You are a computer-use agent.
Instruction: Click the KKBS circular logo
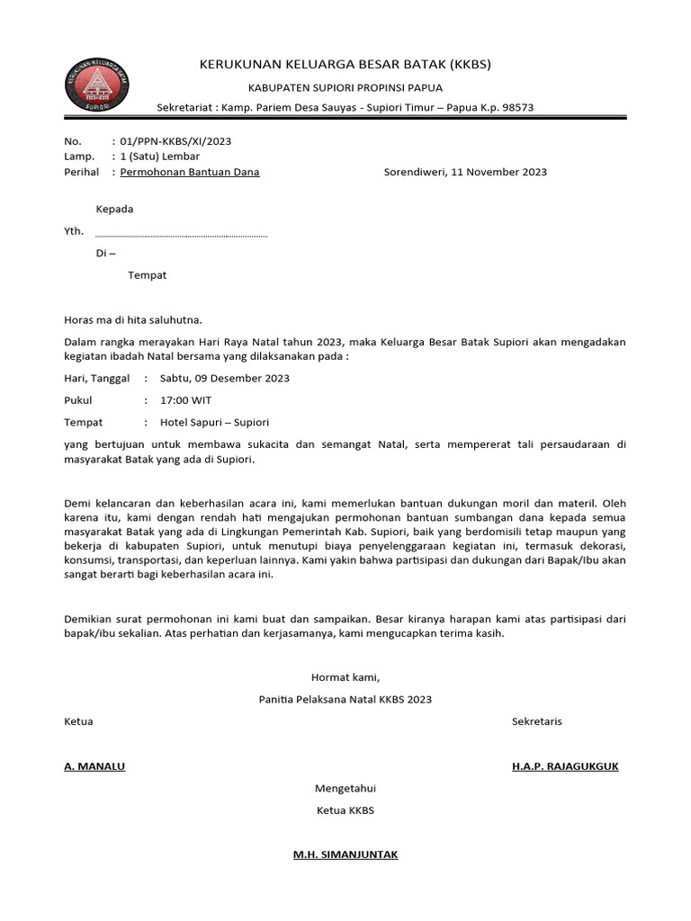99,86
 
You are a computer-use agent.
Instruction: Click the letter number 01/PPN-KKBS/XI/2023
176,141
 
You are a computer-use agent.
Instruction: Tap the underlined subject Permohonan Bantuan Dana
190,172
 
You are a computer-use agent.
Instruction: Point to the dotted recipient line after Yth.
181,236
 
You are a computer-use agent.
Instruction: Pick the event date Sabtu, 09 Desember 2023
224,379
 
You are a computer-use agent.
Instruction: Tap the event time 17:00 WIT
185,400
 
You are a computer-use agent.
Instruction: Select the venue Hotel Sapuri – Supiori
214,422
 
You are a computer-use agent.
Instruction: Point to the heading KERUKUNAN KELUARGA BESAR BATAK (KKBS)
345,65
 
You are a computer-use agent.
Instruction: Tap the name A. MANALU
94,766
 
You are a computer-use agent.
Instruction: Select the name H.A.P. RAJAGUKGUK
565,766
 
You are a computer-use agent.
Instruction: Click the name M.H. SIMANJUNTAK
345,854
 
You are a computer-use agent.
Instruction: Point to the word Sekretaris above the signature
536,721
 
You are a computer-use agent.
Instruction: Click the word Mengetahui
345,789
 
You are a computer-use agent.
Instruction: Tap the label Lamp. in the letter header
78,156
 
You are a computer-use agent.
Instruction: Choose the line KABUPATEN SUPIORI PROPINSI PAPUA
345,88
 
